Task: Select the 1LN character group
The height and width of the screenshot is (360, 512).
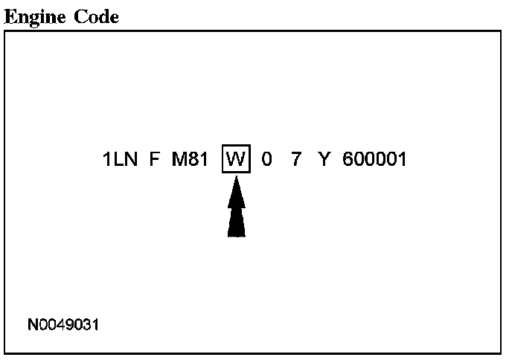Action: (121, 159)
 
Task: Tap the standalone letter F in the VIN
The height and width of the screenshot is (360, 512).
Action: (154, 159)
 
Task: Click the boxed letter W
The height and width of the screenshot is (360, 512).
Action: (236, 159)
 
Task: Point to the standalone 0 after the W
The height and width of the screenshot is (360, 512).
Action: (266, 159)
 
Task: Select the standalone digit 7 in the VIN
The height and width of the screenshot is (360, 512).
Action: (295, 159)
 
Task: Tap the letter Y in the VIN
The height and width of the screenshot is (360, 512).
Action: (323, 159)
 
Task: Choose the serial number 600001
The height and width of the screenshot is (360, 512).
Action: (374, 159)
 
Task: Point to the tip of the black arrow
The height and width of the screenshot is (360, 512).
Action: (236, 178)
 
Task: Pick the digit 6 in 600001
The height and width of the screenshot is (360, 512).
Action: (348, 159)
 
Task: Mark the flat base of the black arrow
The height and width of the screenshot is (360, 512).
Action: (236, 236)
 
